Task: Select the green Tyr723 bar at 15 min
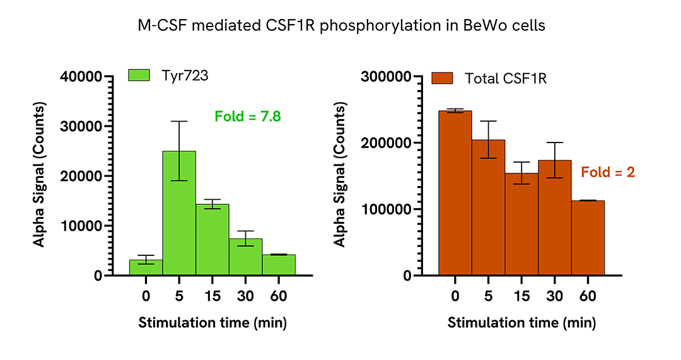(x=212, y=240)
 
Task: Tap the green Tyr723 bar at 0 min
(x=146, y=267)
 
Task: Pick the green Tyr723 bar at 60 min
(x=279, y=265)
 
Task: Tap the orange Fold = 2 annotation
(x=607, y=171)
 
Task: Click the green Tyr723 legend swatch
(x=139, y=75)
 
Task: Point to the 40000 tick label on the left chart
(x=81, y=77)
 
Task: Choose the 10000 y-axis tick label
(x=81, y=226)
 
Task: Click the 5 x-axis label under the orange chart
(x=488, y=296)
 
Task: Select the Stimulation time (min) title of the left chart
(x=212, y=323)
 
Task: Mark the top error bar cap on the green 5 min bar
(x=179, y=122)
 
